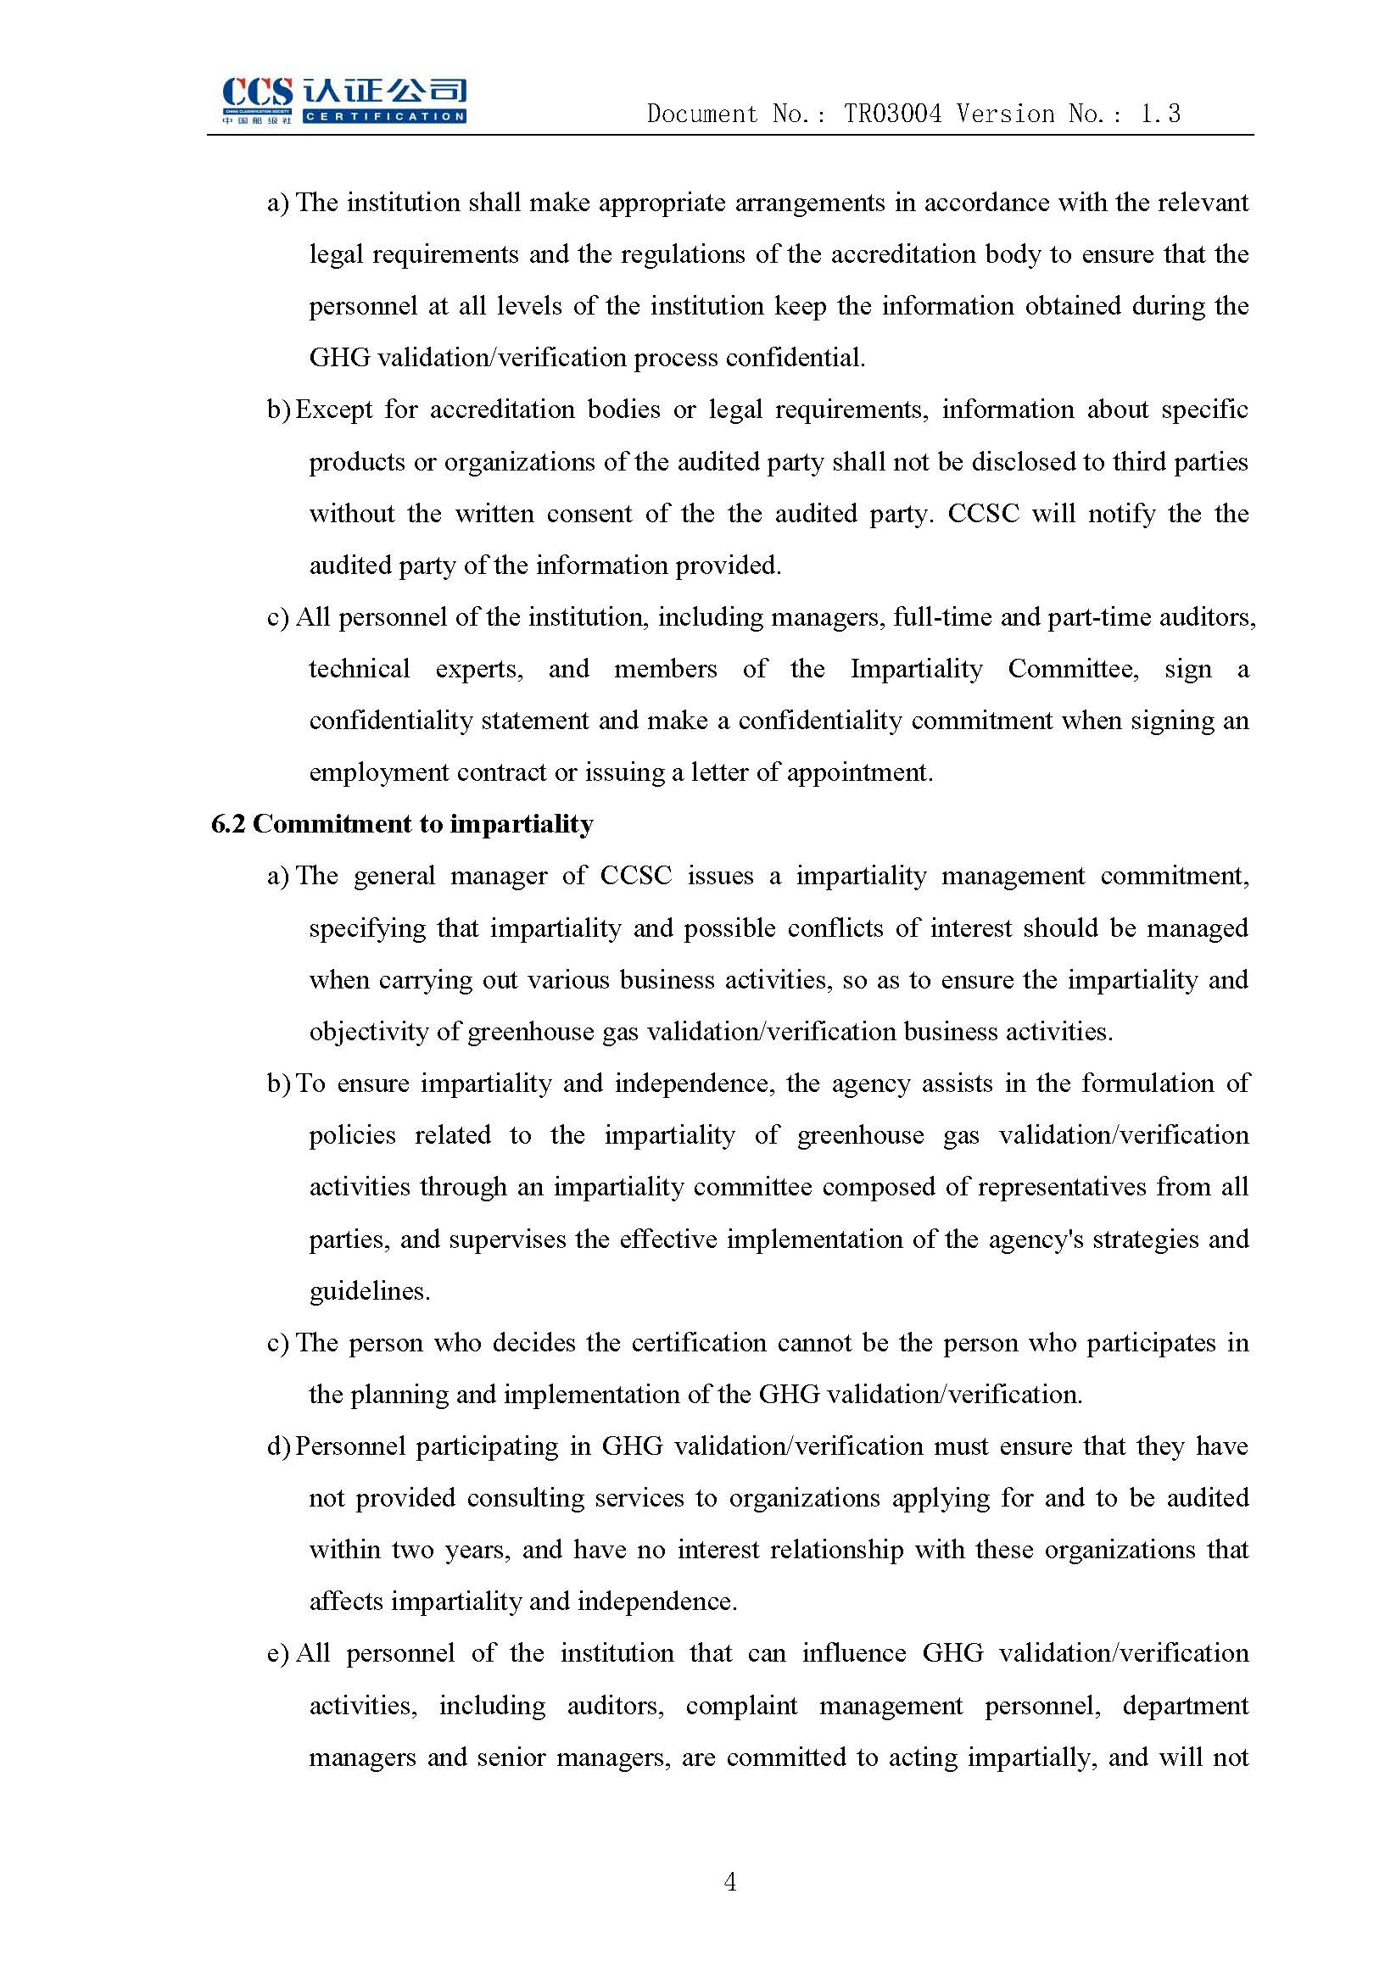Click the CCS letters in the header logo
[257, 92]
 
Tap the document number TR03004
[892, 114]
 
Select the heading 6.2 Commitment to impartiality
[402, 824]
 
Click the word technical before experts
[360, 670]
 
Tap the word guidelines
[369, 1291]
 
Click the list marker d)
[278, 1446]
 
